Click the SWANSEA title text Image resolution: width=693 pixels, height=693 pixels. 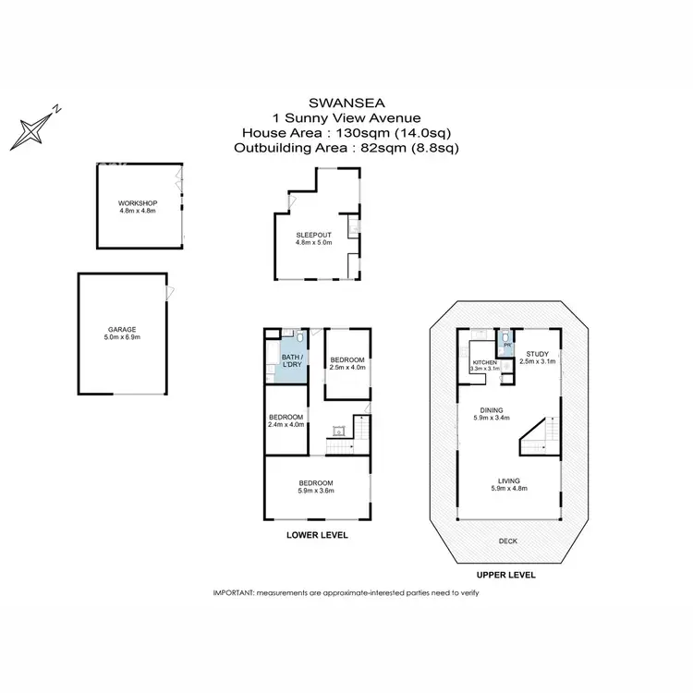tap(346, 103)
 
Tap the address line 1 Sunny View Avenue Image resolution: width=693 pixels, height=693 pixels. tap(346, 117)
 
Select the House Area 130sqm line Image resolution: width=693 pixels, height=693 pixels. tap(346, 132)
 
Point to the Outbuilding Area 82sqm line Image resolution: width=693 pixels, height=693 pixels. tap(346, 147)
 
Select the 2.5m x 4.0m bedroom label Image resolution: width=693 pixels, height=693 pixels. tap(348, 363)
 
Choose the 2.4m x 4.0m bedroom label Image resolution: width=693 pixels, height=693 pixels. tap(286, 421)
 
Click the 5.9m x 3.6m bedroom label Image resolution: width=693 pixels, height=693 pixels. tap(316, 487)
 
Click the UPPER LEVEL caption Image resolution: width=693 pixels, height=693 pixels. tap(507, 575)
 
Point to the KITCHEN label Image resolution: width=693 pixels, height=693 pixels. tap(485, 363)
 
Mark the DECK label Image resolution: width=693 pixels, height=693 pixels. tap(507, 542)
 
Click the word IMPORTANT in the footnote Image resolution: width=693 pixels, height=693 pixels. tap(234, 592)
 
